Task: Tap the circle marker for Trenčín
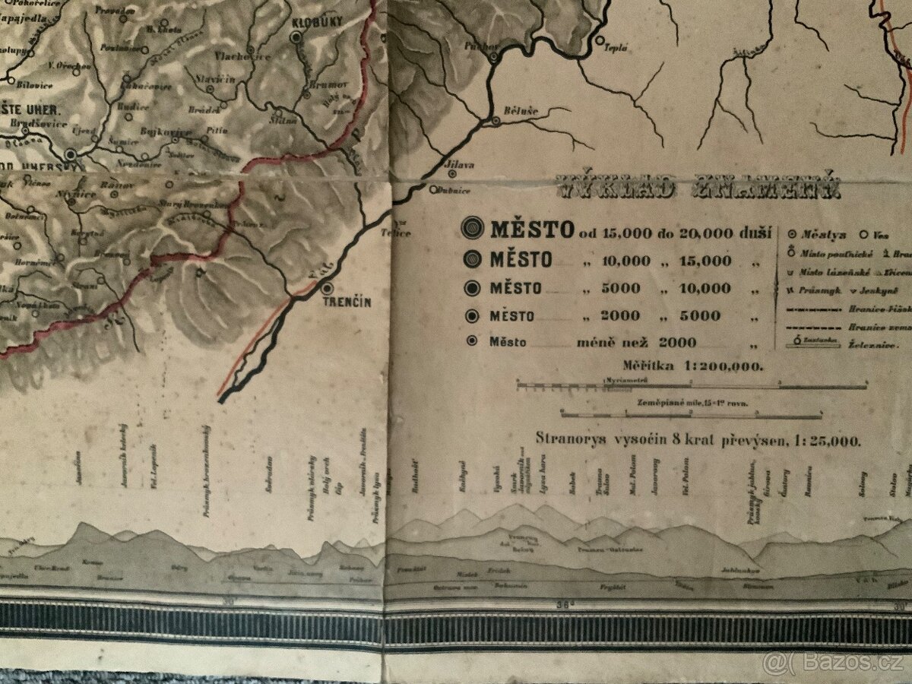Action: tap(328, 288)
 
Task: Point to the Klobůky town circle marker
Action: tap(296, 36)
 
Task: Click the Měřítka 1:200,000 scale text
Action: tap(692, 366)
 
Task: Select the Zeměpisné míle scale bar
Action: tap(692, 414)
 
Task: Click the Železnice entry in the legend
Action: tap(867, 345)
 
